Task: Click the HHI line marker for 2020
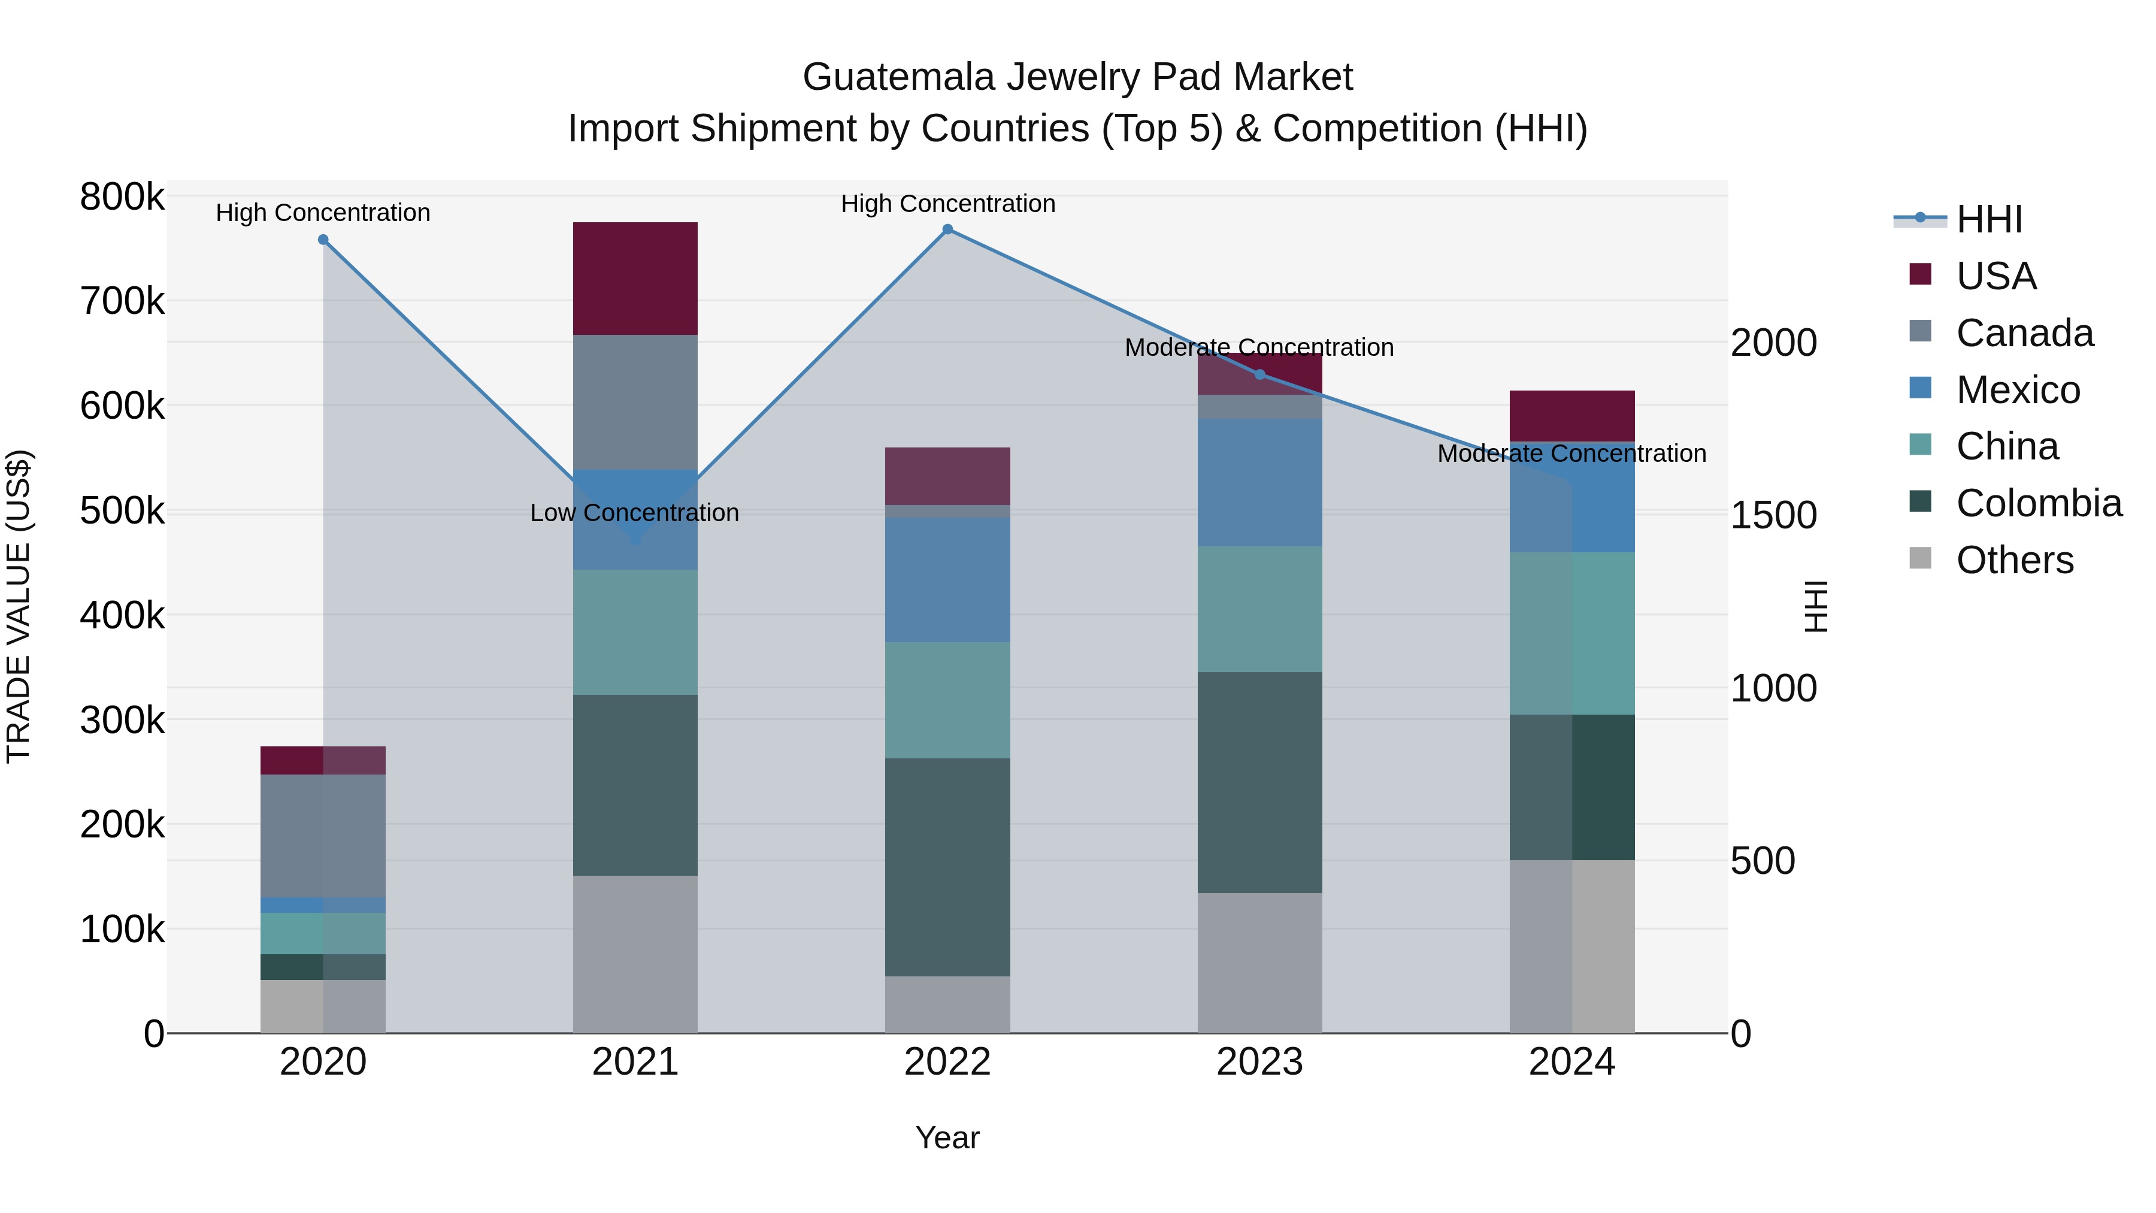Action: coord(323,240)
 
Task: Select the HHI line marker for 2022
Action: coord(947,229)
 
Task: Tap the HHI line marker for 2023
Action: coord(1259,374)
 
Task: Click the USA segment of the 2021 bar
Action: coord(635,279)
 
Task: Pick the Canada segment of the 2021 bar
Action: coord(635,402)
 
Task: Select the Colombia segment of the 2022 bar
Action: coord(947,867)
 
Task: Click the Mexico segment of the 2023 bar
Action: coord(1259,483)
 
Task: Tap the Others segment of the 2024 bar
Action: coord(1572,946)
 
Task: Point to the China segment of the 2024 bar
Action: coord(1572,633)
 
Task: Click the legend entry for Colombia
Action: coord(2038,504)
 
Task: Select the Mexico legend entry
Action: coord(2017,390)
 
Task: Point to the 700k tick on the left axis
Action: coord(122,301)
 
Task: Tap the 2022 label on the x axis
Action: coord(947,1062)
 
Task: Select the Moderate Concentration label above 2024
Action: coord(1571,453)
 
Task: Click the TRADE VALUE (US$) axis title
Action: coord(19,606)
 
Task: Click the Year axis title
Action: coord(947,1138)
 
